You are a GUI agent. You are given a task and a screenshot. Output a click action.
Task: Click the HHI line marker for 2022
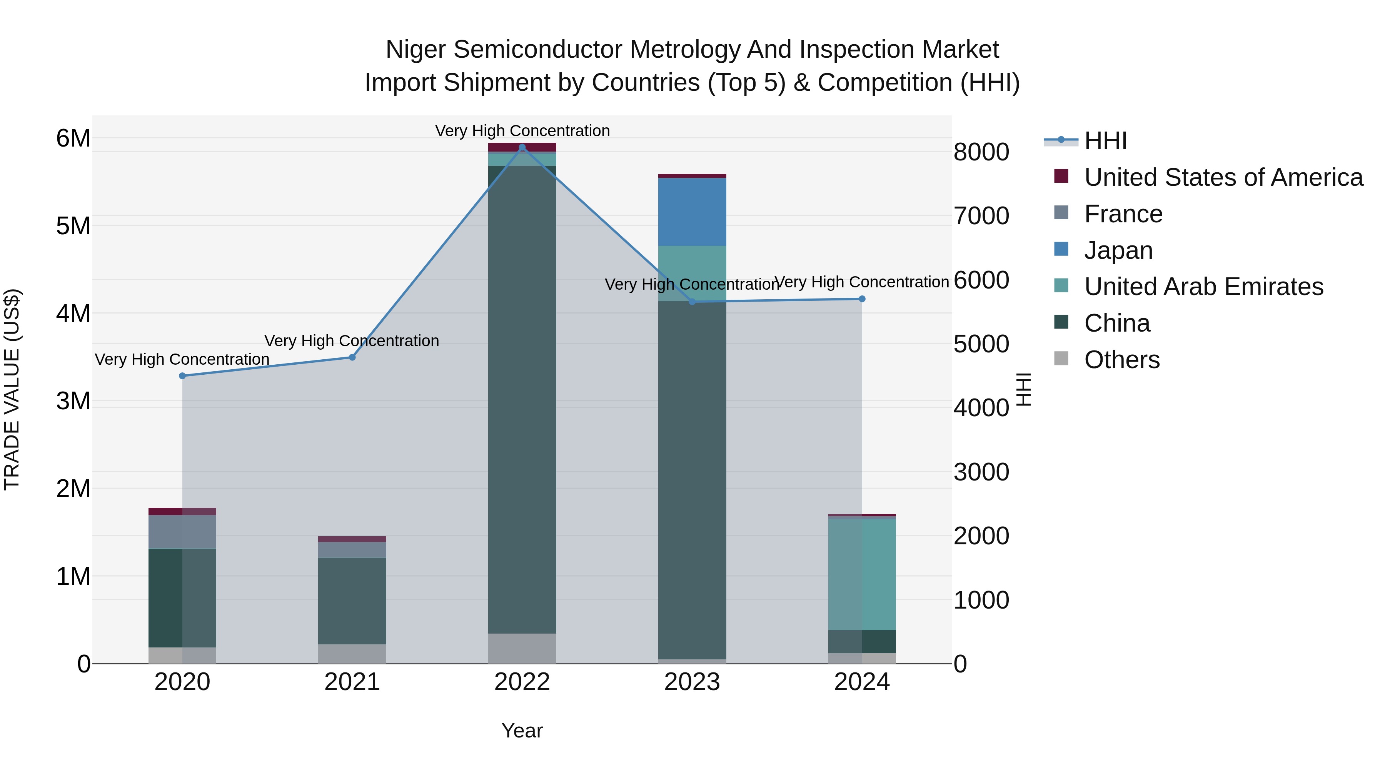click(522, 147)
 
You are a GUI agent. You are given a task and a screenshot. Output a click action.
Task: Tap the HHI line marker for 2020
click(182, 376)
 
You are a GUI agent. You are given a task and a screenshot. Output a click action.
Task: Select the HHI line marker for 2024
click(861, 299)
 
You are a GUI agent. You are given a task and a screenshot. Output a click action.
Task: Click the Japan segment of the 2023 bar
click(692, 212)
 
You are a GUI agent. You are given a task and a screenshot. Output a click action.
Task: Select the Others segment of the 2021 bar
click(352, 653)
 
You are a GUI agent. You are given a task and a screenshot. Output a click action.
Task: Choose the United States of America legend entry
click(1223, 177)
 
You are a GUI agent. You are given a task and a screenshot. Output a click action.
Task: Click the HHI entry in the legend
click(1105, 141)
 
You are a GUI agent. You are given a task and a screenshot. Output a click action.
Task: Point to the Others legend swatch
click(1061, 359)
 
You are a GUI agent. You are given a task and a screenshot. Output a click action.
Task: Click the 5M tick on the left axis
click(73, 226)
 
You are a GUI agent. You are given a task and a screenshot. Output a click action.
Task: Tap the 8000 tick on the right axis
click(981, 152)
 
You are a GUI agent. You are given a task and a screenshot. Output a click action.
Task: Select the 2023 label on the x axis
click(692, 682)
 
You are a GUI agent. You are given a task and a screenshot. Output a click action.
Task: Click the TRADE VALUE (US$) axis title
click(12, 389)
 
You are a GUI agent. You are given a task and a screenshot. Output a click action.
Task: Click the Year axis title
click(522, 731)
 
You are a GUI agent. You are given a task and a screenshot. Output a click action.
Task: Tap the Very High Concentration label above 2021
click(352, 341)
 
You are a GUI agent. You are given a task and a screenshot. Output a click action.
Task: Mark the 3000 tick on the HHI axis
click(981, 472)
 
